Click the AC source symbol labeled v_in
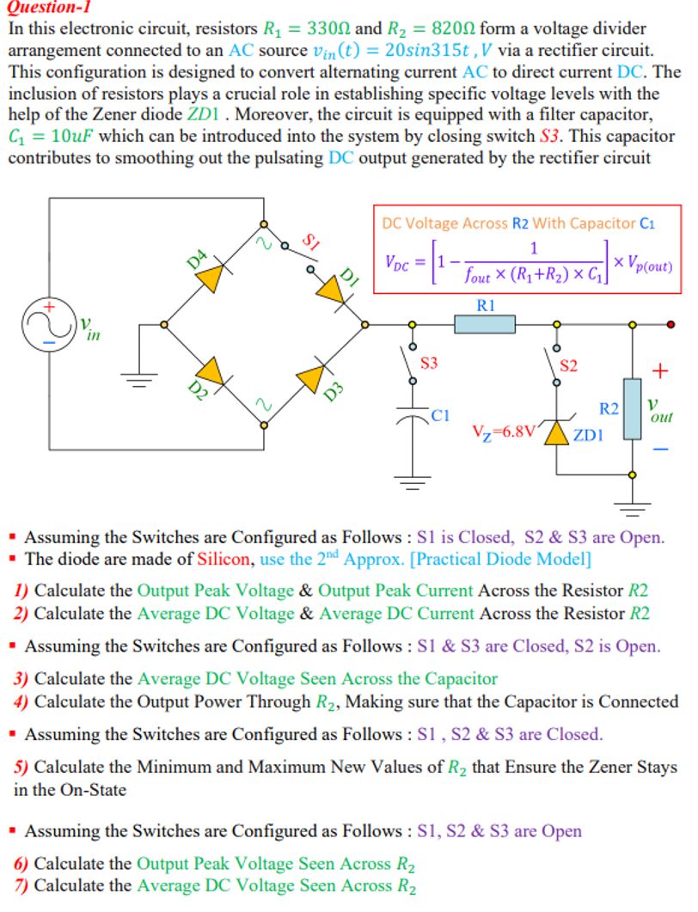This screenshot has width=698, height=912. click(49, 324)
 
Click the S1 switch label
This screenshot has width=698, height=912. click(311, 243)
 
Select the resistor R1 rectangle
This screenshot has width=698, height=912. click(485, 324)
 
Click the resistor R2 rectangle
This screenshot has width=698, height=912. click(632, 408)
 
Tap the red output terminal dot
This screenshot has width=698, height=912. click(670, 324)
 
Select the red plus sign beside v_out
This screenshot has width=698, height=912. click(660, 371)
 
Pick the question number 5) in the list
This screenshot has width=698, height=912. click(21, 768)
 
